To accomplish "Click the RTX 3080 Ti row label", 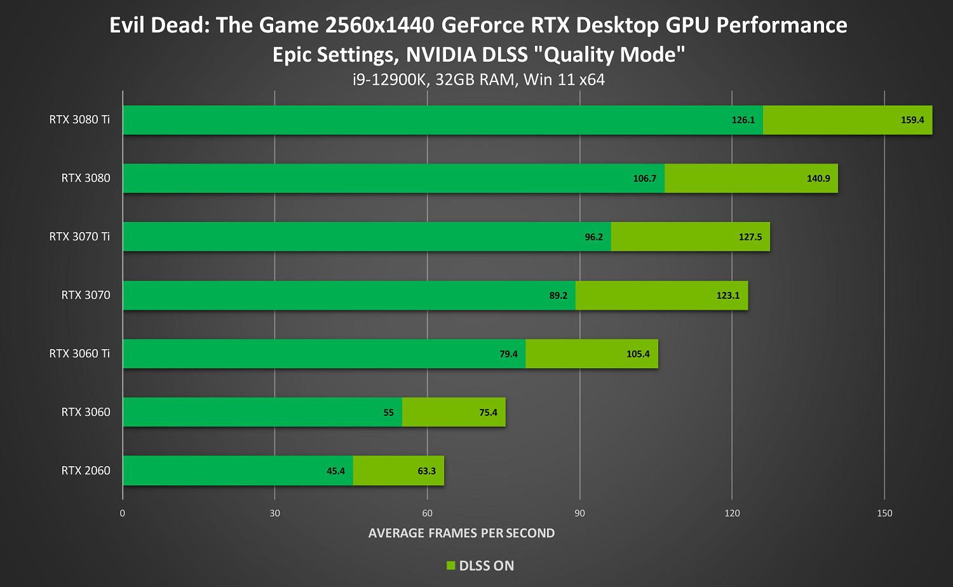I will point(79,120).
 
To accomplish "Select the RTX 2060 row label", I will point(86,471).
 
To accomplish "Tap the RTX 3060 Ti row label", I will point(79,354).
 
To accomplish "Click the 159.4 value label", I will point(912,120).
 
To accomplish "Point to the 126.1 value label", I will point(743,120).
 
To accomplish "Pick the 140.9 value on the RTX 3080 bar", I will point(818,179).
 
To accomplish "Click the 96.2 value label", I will point(594,237).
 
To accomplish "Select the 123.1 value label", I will point(728,296).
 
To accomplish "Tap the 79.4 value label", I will point(509,354).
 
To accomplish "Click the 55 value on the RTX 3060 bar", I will point(389,413).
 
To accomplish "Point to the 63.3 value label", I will point(427,471).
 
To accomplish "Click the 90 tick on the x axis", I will point(579,513).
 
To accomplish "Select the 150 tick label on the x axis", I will point(884,513).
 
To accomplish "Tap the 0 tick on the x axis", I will point(123,513).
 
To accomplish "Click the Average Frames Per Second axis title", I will point(462,534).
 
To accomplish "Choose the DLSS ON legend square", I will point(451,565).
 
